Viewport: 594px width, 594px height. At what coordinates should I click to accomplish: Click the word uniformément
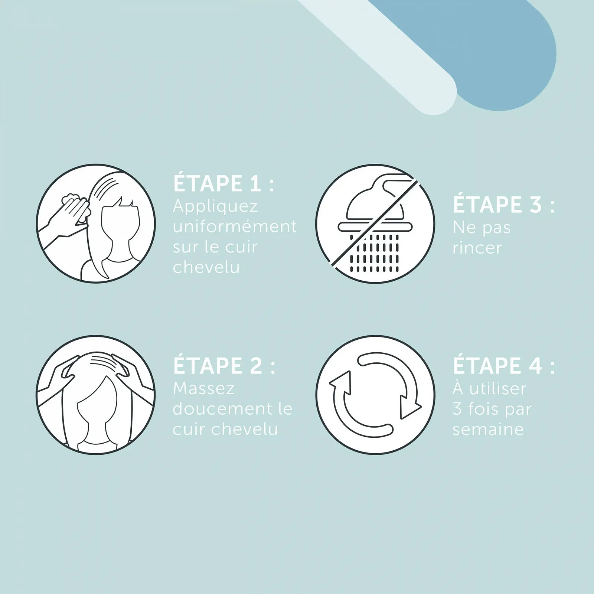pyautogui.click(x=235, y=226)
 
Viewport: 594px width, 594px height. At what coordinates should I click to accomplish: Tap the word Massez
pyautogui.click(x=204, y=389)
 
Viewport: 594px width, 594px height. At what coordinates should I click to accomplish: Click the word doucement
pyautogui.click(x=222, y=409)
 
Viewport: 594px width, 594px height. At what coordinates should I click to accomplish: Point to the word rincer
pyautogui.click(x=477, y=248)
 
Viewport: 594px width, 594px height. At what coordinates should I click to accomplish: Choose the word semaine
pyautogui.click(x=488, y=430)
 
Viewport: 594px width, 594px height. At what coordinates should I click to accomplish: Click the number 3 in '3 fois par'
pyautogui.click(x=457, y=409)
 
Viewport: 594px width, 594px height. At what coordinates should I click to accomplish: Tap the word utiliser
pyautogui.click(x=498, y=389)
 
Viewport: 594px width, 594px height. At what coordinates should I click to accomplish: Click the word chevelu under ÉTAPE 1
pyautogui.click(x=206, y=267)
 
